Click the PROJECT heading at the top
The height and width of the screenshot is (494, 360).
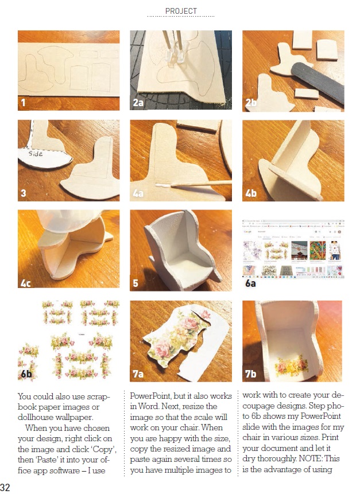coord(181,11)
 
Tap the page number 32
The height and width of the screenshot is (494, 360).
coord(5,487)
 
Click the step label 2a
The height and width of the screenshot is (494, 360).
coord(138,103)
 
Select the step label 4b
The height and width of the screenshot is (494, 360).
coord(251,193)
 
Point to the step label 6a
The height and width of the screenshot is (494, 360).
coord(250,283)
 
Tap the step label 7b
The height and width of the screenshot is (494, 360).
coord(250,374)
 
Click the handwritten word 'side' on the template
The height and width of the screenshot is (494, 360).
coord(35,153)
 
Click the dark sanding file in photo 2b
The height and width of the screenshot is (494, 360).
coord(318,81)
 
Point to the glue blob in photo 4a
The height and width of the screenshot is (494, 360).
coord(162,185)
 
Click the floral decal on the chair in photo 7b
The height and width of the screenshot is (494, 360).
coord(292,366)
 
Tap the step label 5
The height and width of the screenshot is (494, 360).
coord(136,283)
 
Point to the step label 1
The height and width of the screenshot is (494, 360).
coord(23,103)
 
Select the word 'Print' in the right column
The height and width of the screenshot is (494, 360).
coord(330,437)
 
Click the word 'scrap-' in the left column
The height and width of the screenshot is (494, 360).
coord(99,396)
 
